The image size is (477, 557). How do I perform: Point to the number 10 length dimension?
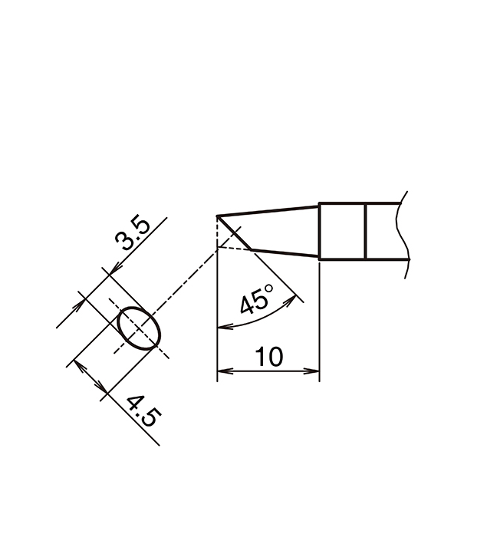click(x=269, y=356)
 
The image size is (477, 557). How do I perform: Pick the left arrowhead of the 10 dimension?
click(x=223, y=374)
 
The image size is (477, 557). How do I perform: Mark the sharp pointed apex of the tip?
click(x=219, y=216)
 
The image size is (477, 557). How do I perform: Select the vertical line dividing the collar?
click(x=366, y=230)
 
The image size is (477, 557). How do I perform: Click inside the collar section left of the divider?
click(x=342, y=230)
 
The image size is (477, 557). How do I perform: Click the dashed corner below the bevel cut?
click(x=219, y=248)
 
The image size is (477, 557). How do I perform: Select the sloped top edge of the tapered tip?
click(x=268, y=209)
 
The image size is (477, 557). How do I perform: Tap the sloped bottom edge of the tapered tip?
click(x=284, y=253)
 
